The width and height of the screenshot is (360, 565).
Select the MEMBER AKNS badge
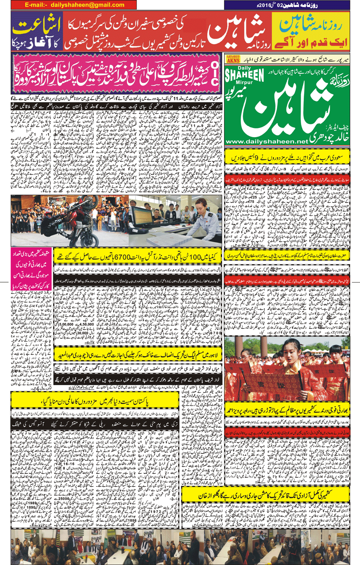coord(233,59)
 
